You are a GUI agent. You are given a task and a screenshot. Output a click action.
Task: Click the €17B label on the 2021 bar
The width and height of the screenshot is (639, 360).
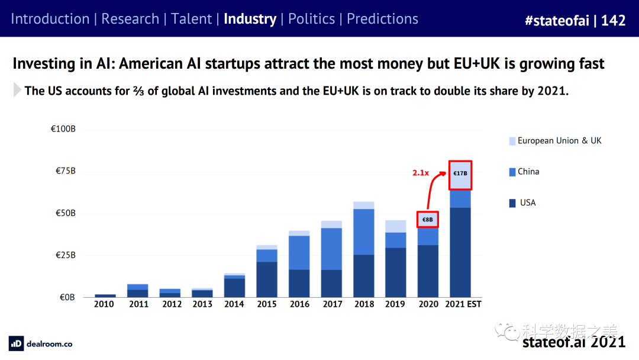pos(460,173)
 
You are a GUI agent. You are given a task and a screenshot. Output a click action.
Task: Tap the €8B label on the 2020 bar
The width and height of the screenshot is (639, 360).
pos(427,220)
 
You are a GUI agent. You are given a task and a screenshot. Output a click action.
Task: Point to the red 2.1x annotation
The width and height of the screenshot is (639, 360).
pos(421,173)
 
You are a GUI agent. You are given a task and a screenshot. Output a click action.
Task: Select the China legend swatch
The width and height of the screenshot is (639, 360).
pos(512,172)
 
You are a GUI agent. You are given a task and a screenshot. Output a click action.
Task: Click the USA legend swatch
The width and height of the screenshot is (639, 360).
pos(512,203)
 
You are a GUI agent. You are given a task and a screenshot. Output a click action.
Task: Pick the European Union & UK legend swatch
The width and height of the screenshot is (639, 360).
pos(512,141)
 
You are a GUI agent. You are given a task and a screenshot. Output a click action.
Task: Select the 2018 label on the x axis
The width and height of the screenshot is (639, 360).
pos(364,304)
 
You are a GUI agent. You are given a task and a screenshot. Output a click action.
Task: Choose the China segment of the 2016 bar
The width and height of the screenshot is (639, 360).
pos(299,253)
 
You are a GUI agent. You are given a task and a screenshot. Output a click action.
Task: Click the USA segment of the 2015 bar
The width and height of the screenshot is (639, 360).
pos(267,279)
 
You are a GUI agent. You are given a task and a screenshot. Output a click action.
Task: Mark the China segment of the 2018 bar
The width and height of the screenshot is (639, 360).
pos(364,232)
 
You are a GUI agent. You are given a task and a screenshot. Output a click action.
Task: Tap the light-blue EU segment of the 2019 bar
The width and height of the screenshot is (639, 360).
pos(396,226)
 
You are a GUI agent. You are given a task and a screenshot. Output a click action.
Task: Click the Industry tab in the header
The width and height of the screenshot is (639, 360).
pos(250,19)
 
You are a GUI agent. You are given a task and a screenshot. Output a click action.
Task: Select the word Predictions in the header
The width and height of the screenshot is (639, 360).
pos(382,19)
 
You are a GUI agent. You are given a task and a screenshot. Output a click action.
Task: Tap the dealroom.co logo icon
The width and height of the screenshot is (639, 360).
pos(16,343)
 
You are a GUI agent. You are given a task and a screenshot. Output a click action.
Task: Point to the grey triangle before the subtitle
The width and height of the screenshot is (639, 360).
pos(17,91)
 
